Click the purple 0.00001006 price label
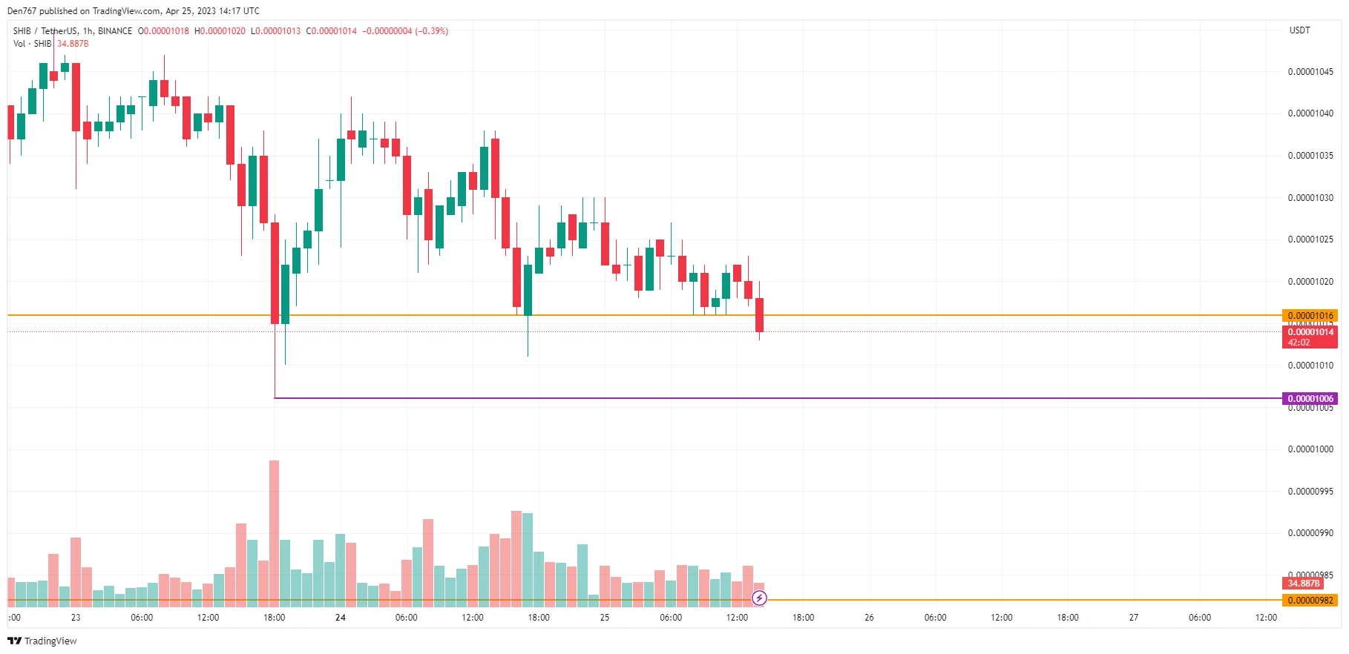[1310, 399]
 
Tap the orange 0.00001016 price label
[1310, 316]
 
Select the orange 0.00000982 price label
[1310, 601]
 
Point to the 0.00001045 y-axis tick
[1310, 72]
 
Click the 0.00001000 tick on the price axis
[1310, 449]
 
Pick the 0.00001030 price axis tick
[1310, 198]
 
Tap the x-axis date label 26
[869, 618]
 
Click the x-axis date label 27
[1133, 618]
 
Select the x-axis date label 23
[76, 618]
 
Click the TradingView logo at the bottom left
[42, 641]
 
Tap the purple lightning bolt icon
[759, 598]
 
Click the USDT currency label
[1299, 30]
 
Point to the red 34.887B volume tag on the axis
[1304, 584]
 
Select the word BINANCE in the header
[115, 31]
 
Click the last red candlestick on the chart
[759, 315]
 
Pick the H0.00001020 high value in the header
[220, 31]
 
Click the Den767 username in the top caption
[22, 11]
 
